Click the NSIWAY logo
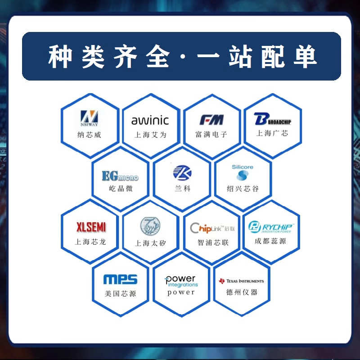(89, 118)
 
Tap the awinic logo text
(150, 120)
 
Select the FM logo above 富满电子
(211, 120)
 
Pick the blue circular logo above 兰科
(182, 172)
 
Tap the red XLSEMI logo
(90, 226)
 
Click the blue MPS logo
(120, 280)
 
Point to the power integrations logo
(181, 281)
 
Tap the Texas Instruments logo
(242, 281)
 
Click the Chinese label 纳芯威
(89, 135)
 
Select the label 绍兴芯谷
(243, 189)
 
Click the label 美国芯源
(120, 293)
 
